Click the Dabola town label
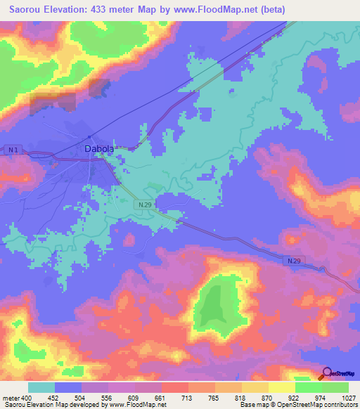98,149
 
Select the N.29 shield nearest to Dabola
145,204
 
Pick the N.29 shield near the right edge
294,261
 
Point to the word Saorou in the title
27,10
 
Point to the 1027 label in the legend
340,397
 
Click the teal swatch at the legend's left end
41,387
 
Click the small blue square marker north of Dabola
89,136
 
